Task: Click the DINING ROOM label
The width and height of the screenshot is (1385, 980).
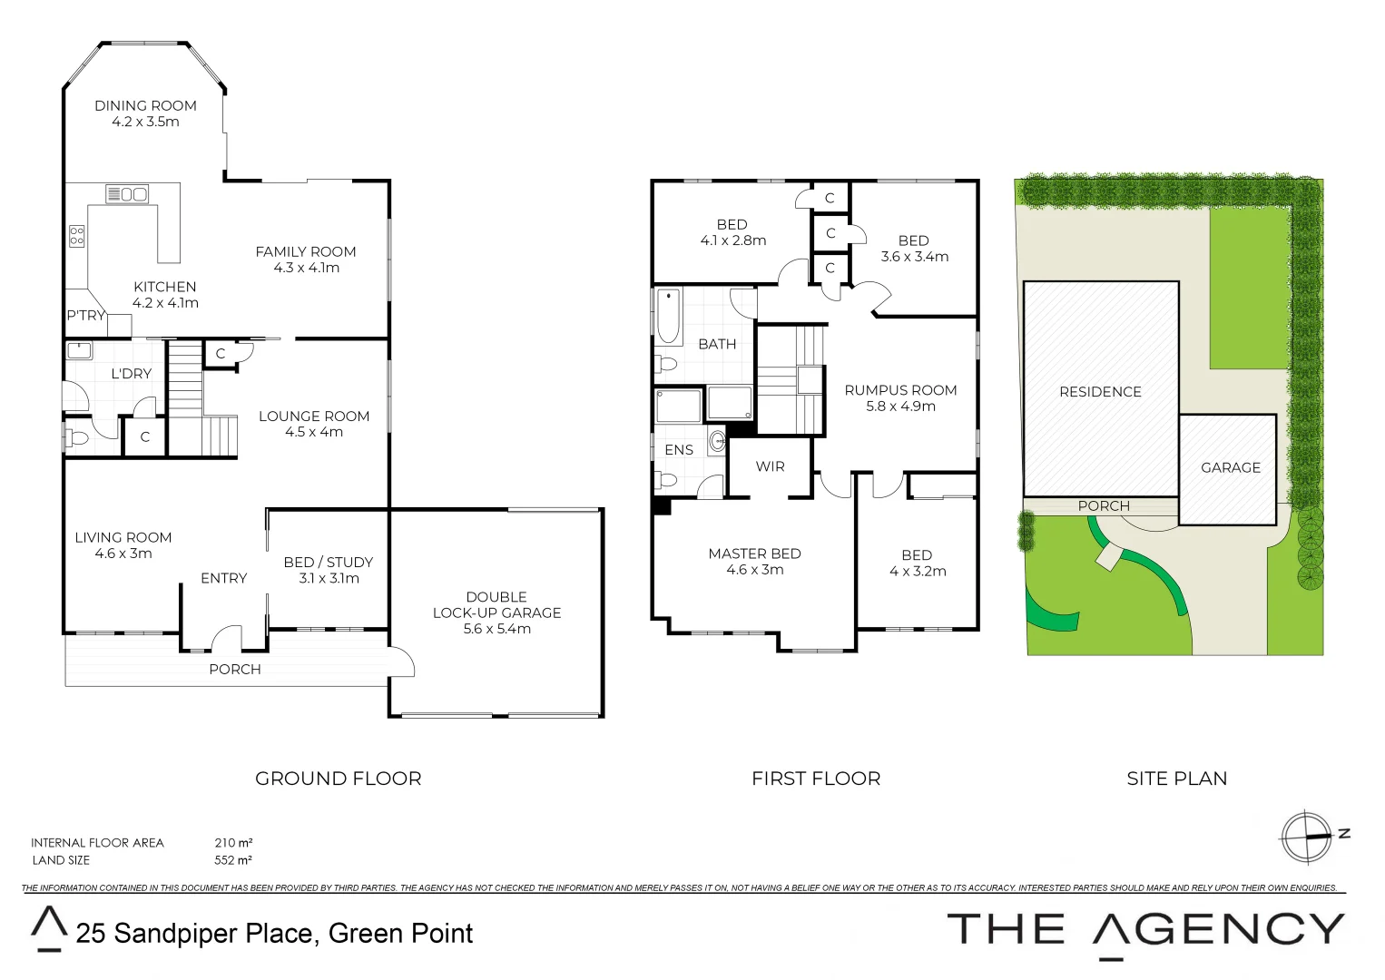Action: click(145, 106)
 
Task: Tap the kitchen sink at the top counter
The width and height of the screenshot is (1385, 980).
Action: click(127, 193)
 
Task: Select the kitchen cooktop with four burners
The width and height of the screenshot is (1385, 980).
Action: click(77, 236)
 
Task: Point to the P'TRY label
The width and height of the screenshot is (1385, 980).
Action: click(85, 316)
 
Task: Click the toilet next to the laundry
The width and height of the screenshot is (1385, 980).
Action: click(77, 439)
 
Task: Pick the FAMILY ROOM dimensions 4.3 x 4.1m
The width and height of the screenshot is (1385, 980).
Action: click(307, 268)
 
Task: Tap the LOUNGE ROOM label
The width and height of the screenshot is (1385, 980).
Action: click(314, 416)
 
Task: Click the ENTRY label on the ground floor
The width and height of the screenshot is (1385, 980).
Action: click(223, 578)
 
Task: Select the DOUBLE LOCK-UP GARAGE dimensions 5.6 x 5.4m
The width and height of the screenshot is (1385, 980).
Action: click(496, 629)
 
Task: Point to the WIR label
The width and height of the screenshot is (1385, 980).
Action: click(770, 466)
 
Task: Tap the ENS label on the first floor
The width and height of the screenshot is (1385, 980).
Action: click(679, 450)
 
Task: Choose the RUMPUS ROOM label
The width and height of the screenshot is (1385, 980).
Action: click(900, 390)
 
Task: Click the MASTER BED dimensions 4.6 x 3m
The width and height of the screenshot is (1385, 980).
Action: click(755, 570)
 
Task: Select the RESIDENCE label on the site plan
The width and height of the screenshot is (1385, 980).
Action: click(1100, 392)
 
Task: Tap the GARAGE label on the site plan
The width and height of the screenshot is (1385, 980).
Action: click(1231, 467)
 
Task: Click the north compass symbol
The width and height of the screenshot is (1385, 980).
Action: click(1306, 836)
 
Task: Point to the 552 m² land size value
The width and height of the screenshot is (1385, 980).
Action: click(233, 860)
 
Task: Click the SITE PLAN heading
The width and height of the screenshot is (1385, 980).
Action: click(1176, 779)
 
